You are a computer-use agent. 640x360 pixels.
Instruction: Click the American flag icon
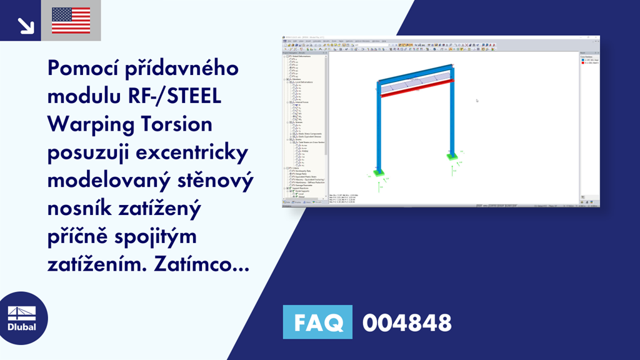pyautogui.click(x=71, y=20)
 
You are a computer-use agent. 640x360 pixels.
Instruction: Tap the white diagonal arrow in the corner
pyautogui.click(x=26, y=25)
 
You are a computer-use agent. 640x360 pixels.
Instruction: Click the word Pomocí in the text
pyautogui.click(x=91, y=69)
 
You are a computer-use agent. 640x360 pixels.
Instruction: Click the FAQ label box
pyautogui.click(x=317, y=322)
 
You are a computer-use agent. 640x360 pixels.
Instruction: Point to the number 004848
pyautogui.click(x=407, y=322)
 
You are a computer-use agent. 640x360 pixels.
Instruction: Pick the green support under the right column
pyautogui.click(x=451, y=156)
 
